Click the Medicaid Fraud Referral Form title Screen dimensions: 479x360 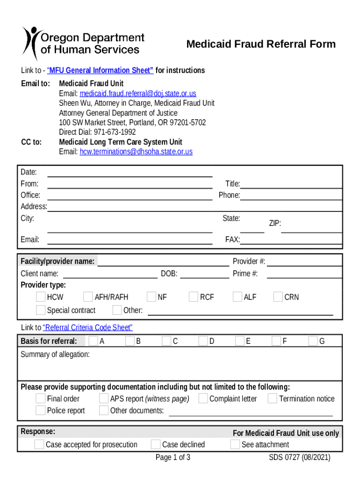(x=261, y=44)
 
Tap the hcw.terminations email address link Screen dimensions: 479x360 (x=136, y=152)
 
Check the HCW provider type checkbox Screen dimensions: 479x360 (x=41, y=297)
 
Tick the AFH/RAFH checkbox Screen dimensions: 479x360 (x=88, y=297)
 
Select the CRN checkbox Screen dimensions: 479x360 (x=278, y=297)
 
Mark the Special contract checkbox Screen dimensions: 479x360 (x=41, y=310)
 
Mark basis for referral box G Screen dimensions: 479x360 (x=313, y=341)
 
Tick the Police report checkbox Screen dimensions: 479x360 (x=41, y=411)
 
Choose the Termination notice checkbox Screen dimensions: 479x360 (x=273, y=399)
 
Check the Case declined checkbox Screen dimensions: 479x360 (x=156, y=444)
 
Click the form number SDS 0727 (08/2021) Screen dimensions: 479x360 (x=299, y=457)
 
